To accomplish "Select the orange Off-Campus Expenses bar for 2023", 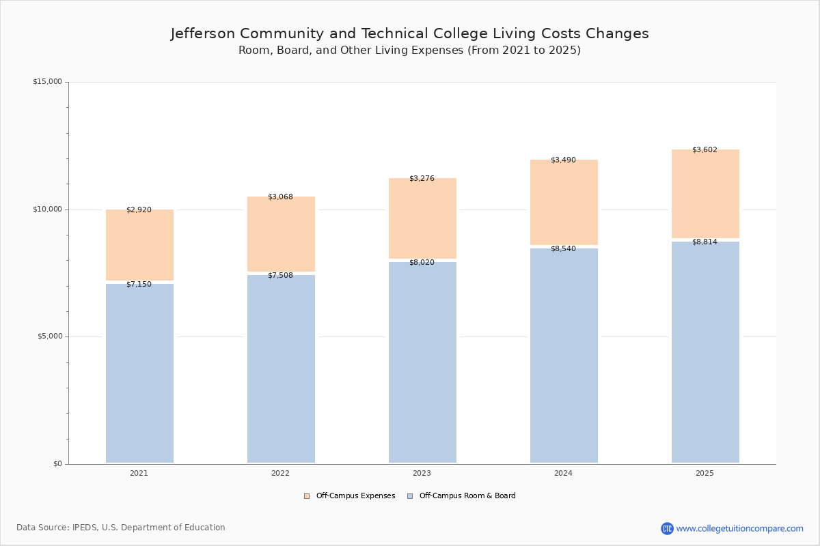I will pyautogui.click(x=422, y=218).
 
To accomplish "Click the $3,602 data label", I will pyautogui.click(x=705, y=150).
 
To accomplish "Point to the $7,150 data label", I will pyautogui.click(x=139, y=285).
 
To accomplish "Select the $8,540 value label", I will pyautogui.click(x=563, y=249).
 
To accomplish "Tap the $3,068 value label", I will pyautogui.click(x=280, y=197).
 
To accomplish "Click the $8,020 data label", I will pyautogui.click(x=422, y=263).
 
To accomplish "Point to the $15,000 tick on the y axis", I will pyautogui.click(x=47, y=82).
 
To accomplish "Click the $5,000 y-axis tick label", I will pyautogui.click(x=47, y=336).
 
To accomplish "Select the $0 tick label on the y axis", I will pyautogui.click(x=57, y=464).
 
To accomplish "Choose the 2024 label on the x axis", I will pyautogui.click(x=563, y=474).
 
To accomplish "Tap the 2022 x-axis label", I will pyautogui.click(x=280, y=474).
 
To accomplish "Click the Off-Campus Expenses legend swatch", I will pyautogui.click(x=307, y=496).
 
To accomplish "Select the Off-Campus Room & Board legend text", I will pyautogui.click(x=467, y=496).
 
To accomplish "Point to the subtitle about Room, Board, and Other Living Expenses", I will pyautogui.click(x=409, y=51).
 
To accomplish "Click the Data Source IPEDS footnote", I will pyautogui.click(x=121, y=528).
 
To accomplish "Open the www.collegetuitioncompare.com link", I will pyautogui.click(x=739, y=528).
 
